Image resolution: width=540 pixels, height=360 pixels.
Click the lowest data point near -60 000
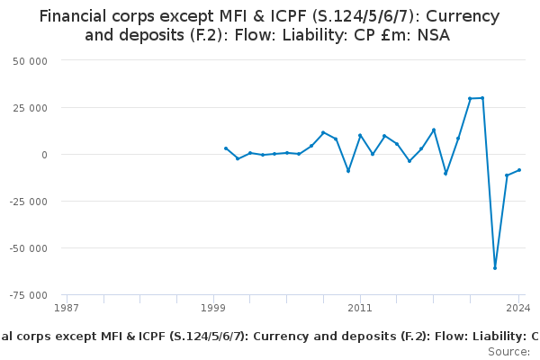point(495,268)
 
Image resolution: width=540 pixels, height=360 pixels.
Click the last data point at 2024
point(519,170)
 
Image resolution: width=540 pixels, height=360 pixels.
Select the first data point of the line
point(226,148)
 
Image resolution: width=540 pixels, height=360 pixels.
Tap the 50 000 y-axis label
point(30,61)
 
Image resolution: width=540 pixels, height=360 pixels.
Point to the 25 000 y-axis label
point(30,108)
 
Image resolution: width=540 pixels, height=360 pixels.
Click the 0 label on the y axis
point(44,155)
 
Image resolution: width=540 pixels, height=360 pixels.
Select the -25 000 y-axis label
point(28,202)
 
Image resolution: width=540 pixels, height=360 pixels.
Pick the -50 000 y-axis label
point(28,248)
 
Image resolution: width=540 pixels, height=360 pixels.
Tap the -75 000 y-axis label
point(28,295)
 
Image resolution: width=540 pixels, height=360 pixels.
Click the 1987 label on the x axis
point(67,308)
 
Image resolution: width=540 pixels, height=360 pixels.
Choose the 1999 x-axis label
point(213,308)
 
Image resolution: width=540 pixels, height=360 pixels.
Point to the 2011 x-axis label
point(360,308)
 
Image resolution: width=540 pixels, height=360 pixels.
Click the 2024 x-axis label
point(518,308)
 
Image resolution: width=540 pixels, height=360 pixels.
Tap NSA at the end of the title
point(434,35)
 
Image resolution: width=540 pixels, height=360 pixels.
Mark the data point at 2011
point(360,136)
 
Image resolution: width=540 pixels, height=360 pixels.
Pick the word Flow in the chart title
point(255,35)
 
